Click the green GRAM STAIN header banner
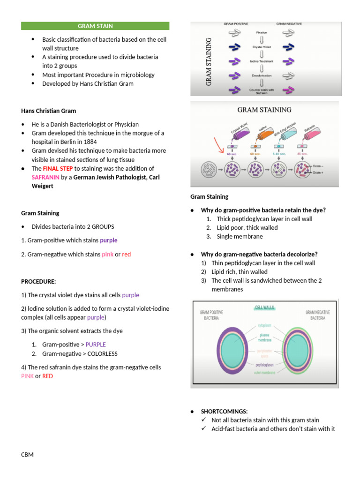(95, 26)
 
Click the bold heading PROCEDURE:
(38, 282)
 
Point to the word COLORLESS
(102, 353)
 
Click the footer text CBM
(27, 454)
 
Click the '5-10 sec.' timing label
(278, 154)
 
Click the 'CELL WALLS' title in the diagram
(264, 308)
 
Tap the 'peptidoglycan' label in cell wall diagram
(264, 364)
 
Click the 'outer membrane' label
(264, 373)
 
